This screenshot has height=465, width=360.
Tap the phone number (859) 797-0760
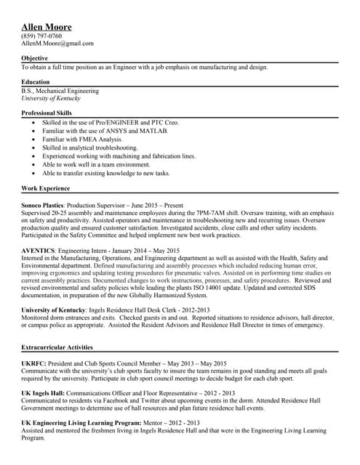(41, 36)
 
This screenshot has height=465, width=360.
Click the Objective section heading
(35, 58)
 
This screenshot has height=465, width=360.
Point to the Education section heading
(36, 82)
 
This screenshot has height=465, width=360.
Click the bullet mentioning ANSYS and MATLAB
(105, 131)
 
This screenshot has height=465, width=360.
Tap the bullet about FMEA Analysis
(82, 139)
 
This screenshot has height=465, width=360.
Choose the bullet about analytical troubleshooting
(89, 147)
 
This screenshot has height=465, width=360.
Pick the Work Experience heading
(46, 188)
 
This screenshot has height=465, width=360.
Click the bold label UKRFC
(33, 363)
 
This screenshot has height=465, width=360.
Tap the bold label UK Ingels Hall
(44, 392)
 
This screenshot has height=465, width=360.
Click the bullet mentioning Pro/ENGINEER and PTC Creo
(110, 123)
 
